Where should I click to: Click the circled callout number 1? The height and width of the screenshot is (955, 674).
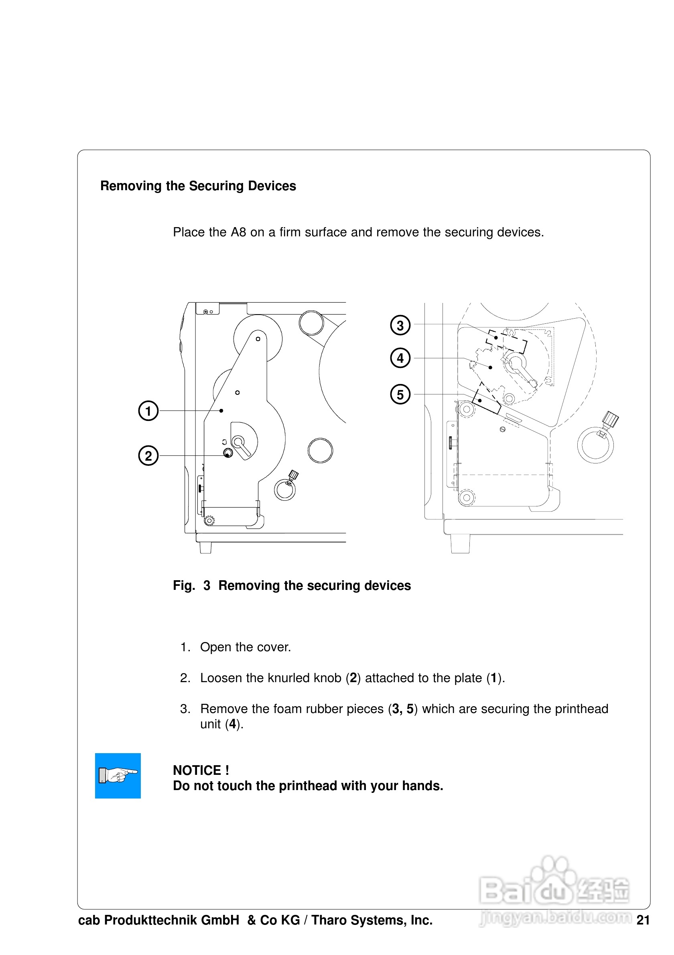pos(148,410)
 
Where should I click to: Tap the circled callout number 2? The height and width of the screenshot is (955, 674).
pos(148,455)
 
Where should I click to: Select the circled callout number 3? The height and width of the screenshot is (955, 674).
pos(400,325)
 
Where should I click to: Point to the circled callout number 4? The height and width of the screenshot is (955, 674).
pos(400,358)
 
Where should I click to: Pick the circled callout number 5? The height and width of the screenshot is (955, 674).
pos(400,394)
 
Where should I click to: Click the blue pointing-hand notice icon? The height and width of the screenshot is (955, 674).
pos(118,776)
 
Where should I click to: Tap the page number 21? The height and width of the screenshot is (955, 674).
pos(643,920)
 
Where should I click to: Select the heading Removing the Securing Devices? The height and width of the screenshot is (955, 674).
pos(198,185)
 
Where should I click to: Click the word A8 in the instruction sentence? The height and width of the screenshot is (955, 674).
pos(238,232)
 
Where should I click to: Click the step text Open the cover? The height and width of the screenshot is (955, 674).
pos(245,647)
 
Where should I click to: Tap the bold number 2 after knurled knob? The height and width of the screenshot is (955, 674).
pos(353,678)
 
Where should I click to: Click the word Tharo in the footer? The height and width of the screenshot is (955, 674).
pos(329,920)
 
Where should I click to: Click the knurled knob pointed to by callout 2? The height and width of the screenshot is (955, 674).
pos(228,453)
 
